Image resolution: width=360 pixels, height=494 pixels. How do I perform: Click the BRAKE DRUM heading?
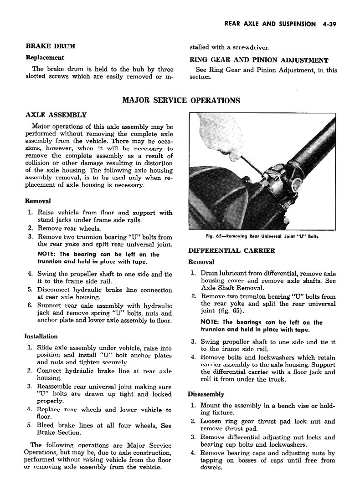pyautogui.click(x=50, y=46)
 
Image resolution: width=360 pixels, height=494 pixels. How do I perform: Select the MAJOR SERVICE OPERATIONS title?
pyautogui.click(x=181, y=100)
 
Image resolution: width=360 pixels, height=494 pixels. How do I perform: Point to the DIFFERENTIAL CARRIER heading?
pyautogui.click(x=225, y=251)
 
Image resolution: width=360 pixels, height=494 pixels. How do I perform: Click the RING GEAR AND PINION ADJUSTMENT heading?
pyautogui.click(x=258, y=60)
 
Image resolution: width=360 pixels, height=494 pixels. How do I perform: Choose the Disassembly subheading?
pyautogui.click(x=206, y=394)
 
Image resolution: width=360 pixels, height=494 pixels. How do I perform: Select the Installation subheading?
pyautogui.click(x=41, y=336)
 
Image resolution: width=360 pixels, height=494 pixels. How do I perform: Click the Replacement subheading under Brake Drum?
pyautogui.click(x=45, y=58)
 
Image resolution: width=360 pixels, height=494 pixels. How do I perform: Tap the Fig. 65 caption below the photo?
pyautogui.click(x=262, y=236)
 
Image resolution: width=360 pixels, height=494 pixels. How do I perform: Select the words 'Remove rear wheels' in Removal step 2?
pyautogui.click(x=69, y=229)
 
